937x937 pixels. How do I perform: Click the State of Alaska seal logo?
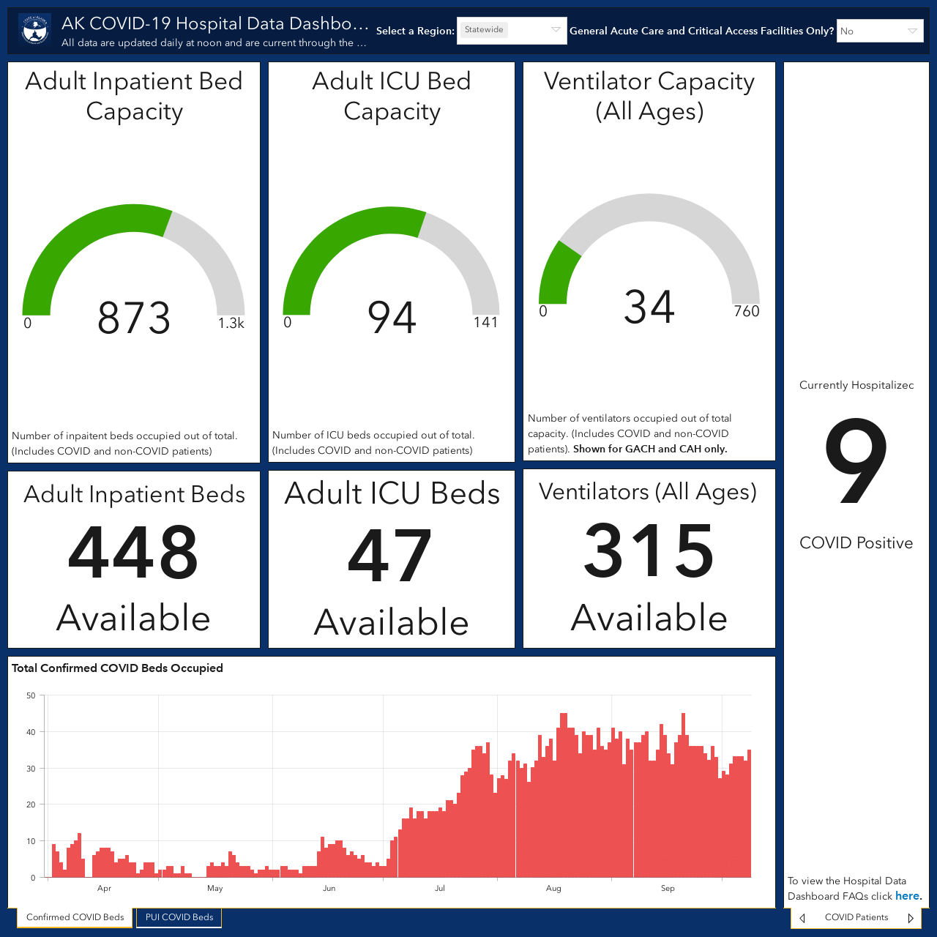[x=35, y=30]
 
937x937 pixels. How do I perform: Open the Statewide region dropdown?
[x=512, y=30]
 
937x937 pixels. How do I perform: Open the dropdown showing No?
[x=880, y=31]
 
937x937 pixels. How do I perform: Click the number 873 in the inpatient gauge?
[x=134, y=318]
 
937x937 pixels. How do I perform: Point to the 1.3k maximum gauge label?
[x=231, y=323]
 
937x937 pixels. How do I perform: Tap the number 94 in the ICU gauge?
[x=392, y=318]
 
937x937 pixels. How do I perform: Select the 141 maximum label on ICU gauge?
[x=486, y=322]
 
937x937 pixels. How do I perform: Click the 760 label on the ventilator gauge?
[x=747, y=311]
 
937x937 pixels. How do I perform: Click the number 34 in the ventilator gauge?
[x=649, y=307]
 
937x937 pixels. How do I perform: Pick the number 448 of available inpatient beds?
[x=133, y=552]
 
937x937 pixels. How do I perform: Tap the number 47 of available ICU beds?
[x=390, y=556]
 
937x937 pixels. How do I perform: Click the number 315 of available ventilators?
[x=649, y=550]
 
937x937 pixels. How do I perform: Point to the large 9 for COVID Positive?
[x=856, y=461]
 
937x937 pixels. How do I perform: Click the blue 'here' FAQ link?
[x=907, y=896]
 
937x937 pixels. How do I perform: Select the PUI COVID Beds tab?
[x=179, y=917]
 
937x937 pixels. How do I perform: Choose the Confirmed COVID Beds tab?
[x=75, y=917]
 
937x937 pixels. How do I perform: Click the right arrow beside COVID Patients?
[x=911, y=917]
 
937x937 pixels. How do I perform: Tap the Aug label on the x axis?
[x=553, y=889]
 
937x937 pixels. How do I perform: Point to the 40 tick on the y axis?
[x=31, y=732]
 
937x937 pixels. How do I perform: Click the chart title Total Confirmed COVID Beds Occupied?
[x=117, y=668]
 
